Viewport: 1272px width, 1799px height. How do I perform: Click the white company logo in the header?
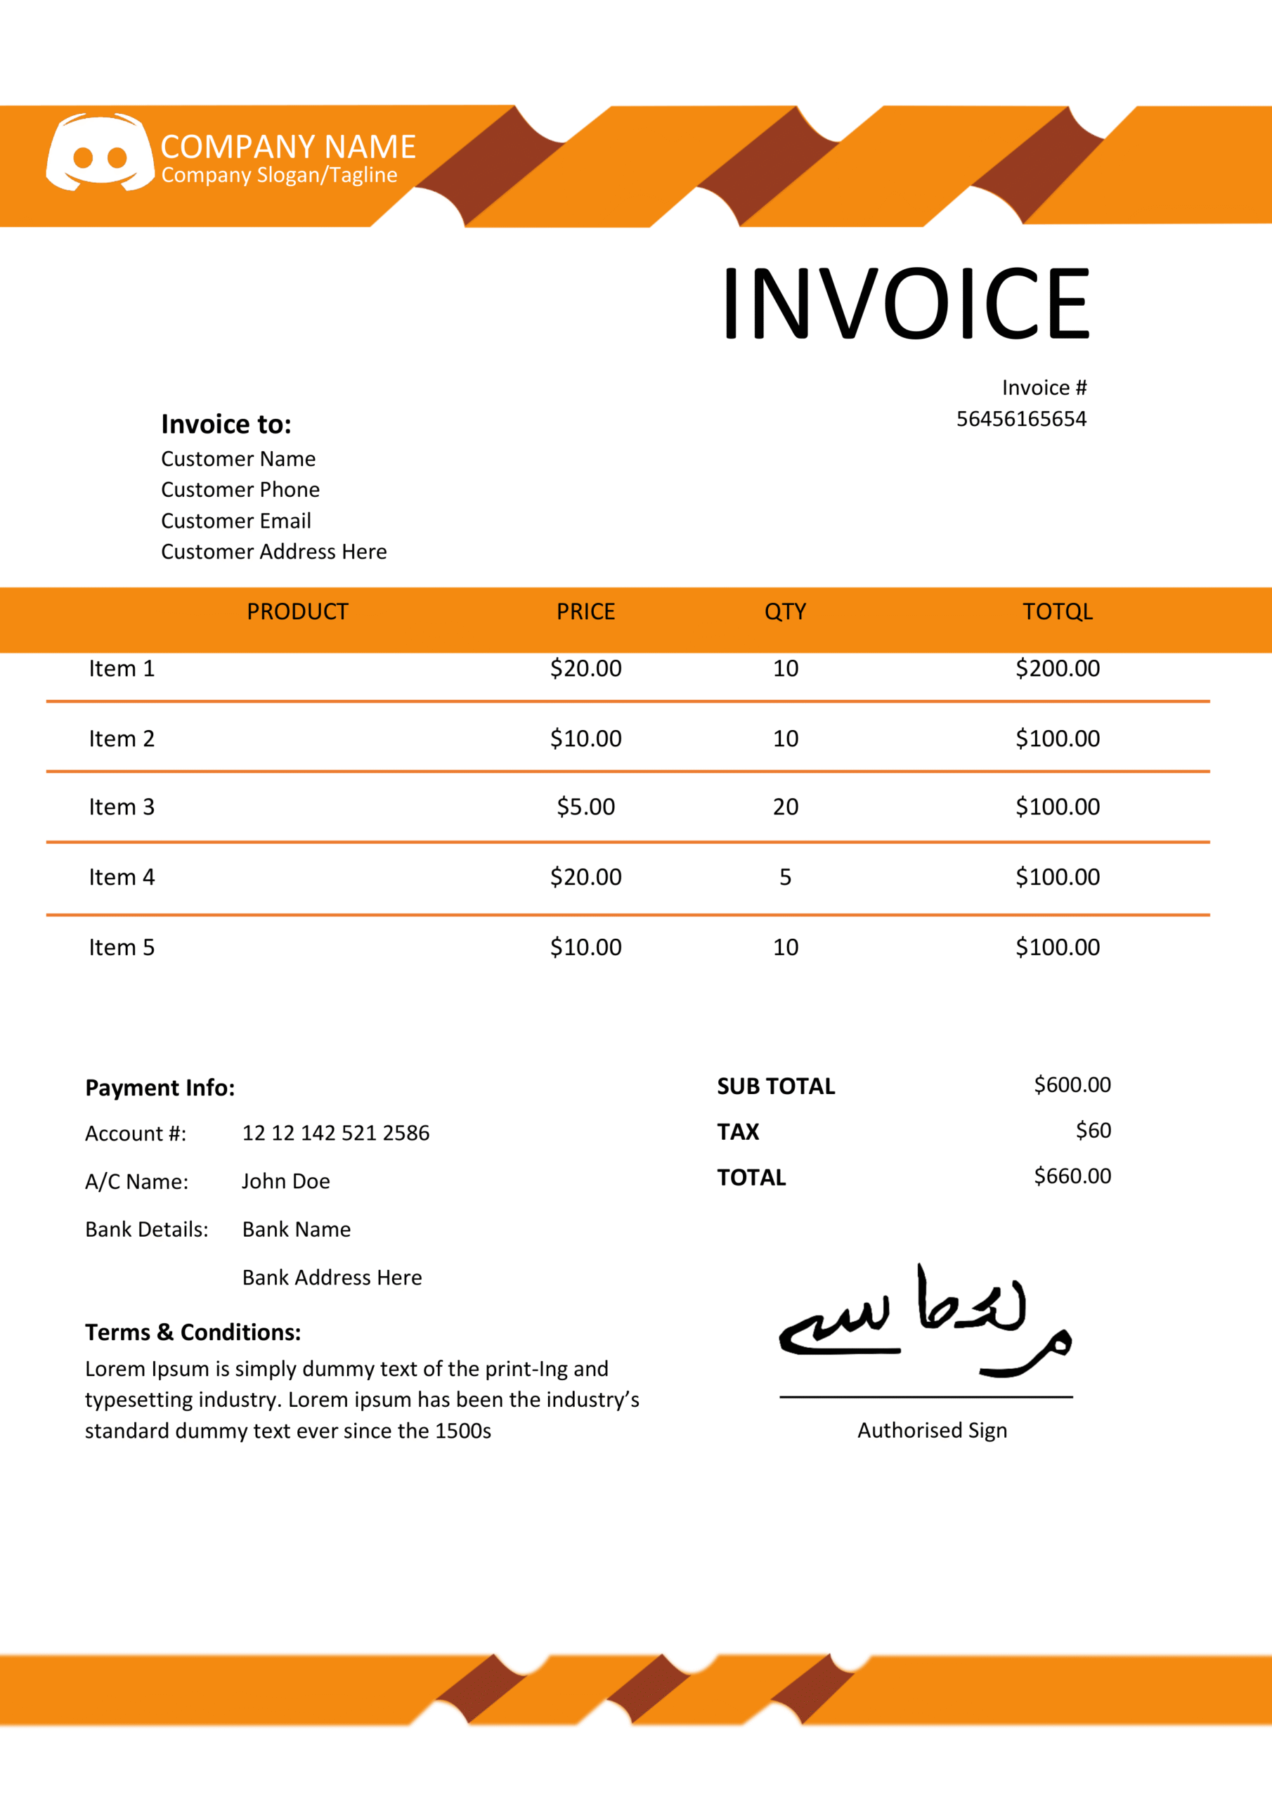(x=100, y=152)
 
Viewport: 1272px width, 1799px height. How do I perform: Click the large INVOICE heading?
(x=905, y=303)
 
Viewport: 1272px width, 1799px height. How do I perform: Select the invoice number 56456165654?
(x=1020, y=420)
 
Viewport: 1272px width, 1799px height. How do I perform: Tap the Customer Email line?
(x=236, y=521)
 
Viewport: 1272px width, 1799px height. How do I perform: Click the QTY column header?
(x=785, y=612)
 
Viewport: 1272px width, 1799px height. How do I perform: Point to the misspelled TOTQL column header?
(x=1057, y=612)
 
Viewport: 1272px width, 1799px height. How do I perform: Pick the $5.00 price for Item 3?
(x=585, y=807)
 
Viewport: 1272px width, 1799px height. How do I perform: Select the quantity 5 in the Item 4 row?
(x=785, y=878)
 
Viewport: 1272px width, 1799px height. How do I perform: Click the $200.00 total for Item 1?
(x=1057, y=669)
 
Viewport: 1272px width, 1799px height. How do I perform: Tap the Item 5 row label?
(x=122, y=948)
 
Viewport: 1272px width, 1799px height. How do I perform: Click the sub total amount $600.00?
(x=1072, y=1085)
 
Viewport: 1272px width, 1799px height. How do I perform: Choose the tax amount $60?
(x=1093, y=1131)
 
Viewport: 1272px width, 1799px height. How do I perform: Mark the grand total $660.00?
(x=1072, y=1176)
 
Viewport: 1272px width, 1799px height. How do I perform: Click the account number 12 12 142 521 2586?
(x=335, y=1134)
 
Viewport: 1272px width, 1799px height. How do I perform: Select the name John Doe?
(x=285, y=1181)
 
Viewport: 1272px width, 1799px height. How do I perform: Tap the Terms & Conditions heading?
(x=193, y=1333)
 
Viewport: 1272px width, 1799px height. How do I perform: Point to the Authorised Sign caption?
(x=932, y=1431)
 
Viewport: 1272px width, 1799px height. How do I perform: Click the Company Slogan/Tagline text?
(x=279, y=176)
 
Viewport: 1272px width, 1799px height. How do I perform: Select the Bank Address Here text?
(x=332, y=1278)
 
